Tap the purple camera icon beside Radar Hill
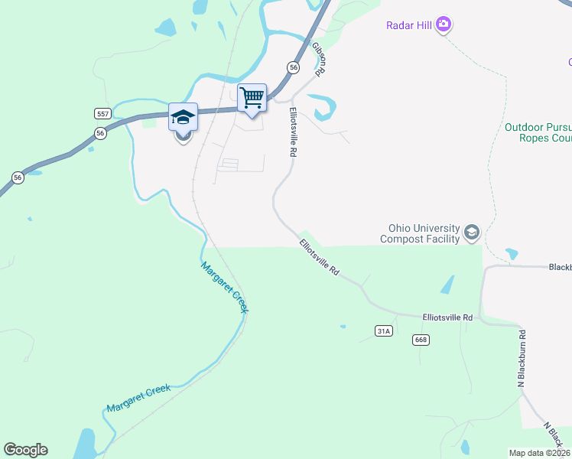pyautogui.click(x=444, y=25)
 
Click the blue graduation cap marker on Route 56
pyautogui.click(x=183, y=118)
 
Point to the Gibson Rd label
pyautogui.click(x=319, y=58)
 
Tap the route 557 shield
pyautogui.click(x=103, y=113)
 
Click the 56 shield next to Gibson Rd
pyautogui.click(x=293, y=68)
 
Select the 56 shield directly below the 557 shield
pyautogui.click(x=100, y=133)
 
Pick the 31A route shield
pyautogui.click(x=384, y=330)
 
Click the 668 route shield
pyautogui.click(x=419, y=340)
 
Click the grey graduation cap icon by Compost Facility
pyautogui.click(x=472, y=233)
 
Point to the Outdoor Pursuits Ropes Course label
pyautogui.click(x=538, y=132)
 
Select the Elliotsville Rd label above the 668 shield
pyautogui.click(x=447, y=317)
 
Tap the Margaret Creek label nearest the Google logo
pyautogui.click(x=138, y=398)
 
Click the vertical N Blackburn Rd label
pyautogui.click(x=522, y=359)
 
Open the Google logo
pyautogui.click(x=25, y=450)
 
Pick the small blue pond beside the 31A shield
pyautogui.click(x=343, y=327)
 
